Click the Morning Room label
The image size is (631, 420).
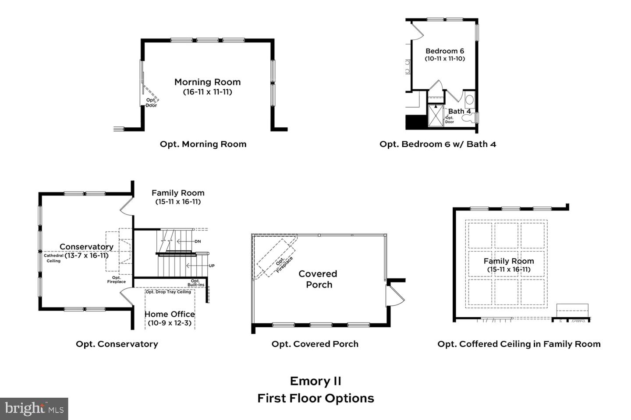207,82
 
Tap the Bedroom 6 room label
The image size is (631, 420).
444,51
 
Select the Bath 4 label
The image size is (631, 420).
459,111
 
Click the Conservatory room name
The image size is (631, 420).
86,247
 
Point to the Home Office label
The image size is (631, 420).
170,314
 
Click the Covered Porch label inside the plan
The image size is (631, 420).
318,279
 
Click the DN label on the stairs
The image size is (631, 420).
198,241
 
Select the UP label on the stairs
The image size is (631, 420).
212,266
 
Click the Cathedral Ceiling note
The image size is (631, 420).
53,258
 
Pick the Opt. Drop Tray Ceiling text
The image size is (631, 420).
168,292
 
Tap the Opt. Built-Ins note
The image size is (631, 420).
195,283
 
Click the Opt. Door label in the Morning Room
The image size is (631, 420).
151,103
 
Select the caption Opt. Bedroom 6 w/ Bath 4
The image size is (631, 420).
437,144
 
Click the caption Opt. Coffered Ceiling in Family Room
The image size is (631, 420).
519,344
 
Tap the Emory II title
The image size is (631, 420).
315,381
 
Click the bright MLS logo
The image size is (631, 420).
34,409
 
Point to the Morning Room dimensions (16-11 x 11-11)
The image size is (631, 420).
207,92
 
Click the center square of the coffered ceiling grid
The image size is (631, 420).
506,264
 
